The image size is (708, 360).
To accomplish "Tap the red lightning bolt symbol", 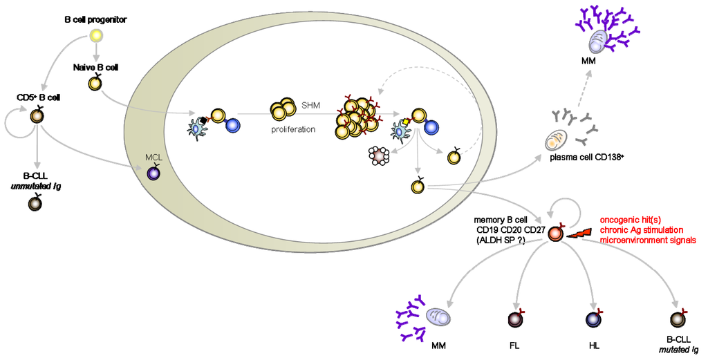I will [x=579, y=234].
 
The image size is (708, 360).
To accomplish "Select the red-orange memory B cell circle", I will [x=556, y=235].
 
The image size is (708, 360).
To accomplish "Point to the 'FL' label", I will [x=514, y=343].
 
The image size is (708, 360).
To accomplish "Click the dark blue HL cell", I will [x=593, y=319].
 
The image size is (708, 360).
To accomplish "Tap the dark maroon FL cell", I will [x=514, y=319].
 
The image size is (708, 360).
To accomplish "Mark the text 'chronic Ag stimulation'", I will [x=642, y=229].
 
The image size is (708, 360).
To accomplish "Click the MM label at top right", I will [x=590, y=63].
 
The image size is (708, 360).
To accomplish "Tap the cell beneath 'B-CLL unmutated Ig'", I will [x=34, y=204].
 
